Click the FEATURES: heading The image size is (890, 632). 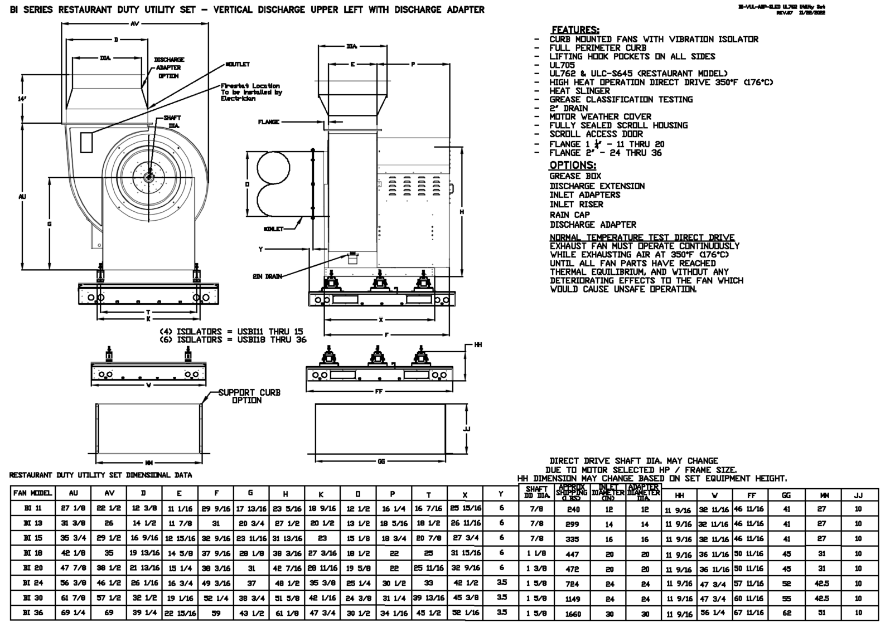tap(575, 30)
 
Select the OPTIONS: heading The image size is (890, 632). tap(573, 165)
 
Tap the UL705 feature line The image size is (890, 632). tap(562, 65)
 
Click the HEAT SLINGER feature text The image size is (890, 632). tap(579, 91)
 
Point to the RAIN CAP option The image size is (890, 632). tap(569, 215)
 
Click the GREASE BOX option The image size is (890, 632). tap(575, 176)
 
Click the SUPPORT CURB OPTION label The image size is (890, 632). tap(249, 396)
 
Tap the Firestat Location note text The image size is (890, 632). tap(251, 92)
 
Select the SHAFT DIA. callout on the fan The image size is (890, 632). tap(172, 122)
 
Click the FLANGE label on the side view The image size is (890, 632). tap(269, 122)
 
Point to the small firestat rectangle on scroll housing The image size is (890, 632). tap(86, 143)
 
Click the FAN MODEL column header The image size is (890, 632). tap(33, 493)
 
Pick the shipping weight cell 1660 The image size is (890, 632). tap(573, 614)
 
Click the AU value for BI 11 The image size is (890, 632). tap(73, 508)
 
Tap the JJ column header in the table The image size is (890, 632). tap(858, 495)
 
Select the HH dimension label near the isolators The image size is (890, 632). tap(478, 346)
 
